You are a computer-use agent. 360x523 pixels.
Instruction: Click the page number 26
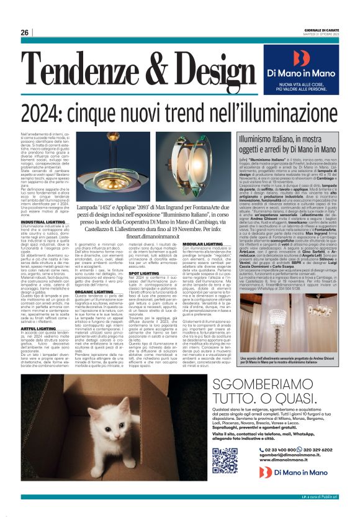click(x=25, y=32)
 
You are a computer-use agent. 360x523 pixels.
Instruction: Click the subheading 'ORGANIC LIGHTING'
click(x=94, y=291)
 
